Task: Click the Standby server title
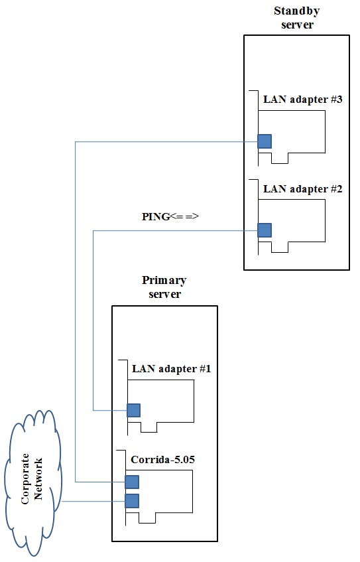pyautogui.click(x=296, y=17)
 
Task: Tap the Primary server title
pyautogui.click(x=164, y=287)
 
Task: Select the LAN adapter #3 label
pyautogui.click(x=303, y=100)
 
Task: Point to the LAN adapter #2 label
pyautogui.click(x=303, y=189)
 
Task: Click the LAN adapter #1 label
pyautogui.click(x=171, y=369)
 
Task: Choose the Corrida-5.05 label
pyautogui.click(x=162, y=460)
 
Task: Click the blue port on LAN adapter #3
pyautogui.click(x=265, y=141)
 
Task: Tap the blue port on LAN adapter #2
pyautogui.click(x=265, y=230)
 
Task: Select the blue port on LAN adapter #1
pyautogui.click(x=134, y=411)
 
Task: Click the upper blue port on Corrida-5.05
pyautogui.click(x=132, y=482)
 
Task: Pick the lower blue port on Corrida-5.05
pyautogui.click(x=132, y=501)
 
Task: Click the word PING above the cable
pyautogui.click(x=156, y=217)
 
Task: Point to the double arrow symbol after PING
pyautogui.click(x=184, y=216)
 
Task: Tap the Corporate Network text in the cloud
pyautogui.click(x=32, y=479)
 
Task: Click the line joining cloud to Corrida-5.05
pyautogui.click(x=93, y=501)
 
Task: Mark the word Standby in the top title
pyautogui.click(x=296, y=11)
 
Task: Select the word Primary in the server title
pyautogui.click(x=164, y=281)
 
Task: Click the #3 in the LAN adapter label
pyautogui.click(x=336, y=100)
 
